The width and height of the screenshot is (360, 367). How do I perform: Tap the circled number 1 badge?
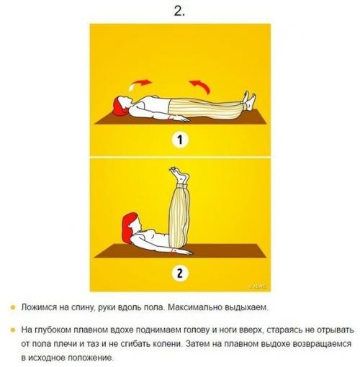coord(180,141)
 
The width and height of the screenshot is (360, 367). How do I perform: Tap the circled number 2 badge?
coord(180,273)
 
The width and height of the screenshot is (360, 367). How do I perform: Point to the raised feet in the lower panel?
coord(181,175)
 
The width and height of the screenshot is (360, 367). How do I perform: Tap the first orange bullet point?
coord(12,308)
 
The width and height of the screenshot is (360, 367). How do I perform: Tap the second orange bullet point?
coord(12,330)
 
